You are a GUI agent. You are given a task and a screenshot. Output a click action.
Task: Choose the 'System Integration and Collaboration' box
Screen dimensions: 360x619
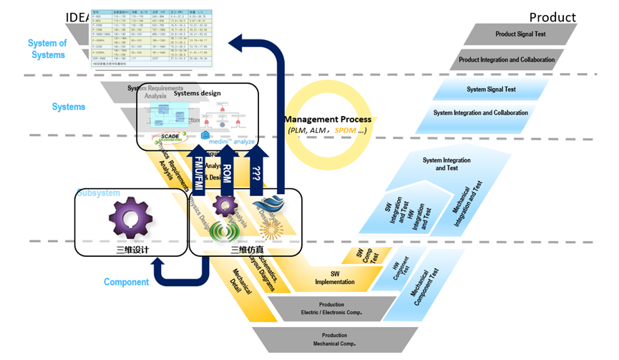(x=480, y=113)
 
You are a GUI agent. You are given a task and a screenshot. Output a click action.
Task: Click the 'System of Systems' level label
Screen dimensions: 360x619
(x=47, y=49)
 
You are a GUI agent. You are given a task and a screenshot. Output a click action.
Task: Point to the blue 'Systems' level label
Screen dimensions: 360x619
(x=69, y=107)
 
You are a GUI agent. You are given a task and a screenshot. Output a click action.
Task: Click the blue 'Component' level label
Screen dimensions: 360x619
(x=126, y=282)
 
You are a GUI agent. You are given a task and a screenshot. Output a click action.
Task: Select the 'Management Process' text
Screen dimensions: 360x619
(x=328, y=119)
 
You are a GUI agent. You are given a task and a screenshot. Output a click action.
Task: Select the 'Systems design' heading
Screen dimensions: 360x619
(x=198, y=93)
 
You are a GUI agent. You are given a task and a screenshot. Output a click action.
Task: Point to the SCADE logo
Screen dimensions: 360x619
(x=170, y=137)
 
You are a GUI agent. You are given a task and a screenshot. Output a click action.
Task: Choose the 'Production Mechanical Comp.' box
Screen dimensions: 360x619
(x=333, y=339)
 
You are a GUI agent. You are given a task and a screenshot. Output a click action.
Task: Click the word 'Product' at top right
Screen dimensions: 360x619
(x=552, y=17)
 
